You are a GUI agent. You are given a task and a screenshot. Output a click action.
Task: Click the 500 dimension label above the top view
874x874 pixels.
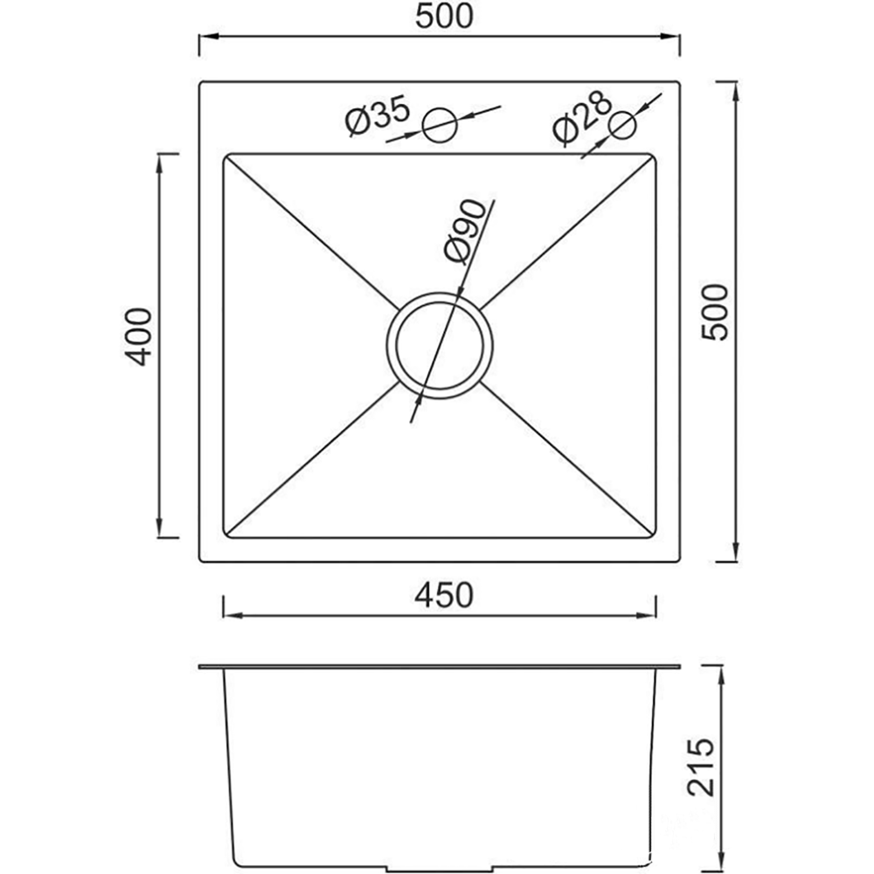tap(444, 16)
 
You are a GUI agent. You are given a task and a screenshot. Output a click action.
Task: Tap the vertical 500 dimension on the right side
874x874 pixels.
tap(715, 312)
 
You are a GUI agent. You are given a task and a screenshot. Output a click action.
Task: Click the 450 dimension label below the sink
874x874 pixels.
tap(444, 594)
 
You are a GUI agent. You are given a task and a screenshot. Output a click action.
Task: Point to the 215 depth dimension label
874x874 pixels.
tap(701, 767)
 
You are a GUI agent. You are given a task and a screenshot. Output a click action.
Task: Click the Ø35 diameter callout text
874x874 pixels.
tap(377, 117)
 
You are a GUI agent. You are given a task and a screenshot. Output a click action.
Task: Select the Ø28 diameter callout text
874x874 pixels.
tap(582, 118)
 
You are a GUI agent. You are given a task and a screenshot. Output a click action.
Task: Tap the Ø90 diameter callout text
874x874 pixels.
tap(465, 231)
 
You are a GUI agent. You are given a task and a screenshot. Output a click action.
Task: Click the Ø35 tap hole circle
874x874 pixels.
tap(440, 125)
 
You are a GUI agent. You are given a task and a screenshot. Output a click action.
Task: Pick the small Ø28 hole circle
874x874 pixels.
tap(622, 125)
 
